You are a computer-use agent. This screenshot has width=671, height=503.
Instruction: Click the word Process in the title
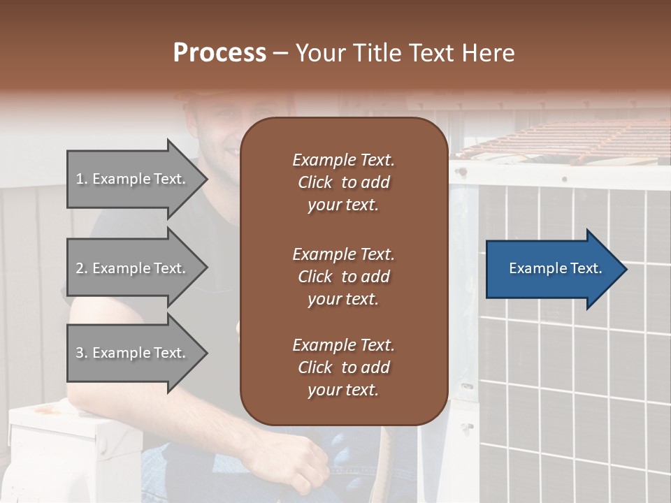[x=219, y=53]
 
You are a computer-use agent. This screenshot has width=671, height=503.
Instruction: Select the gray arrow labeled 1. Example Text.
[x=133, y=179]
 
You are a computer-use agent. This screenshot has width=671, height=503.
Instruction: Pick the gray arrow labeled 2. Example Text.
[x=133, y=268]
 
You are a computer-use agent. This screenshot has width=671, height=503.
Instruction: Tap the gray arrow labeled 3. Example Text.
[x=133, y=353]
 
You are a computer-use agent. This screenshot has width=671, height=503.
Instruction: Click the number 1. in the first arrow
[x=82, y=179]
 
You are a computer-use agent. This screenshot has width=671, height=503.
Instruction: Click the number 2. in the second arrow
[x=82, y=268]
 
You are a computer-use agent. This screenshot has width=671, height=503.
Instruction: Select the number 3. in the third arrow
[x=82, y=353]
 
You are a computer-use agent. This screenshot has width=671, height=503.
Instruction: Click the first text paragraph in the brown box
[x=343, y=182]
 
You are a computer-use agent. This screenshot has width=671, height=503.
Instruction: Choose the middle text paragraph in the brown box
[x=343, y=277]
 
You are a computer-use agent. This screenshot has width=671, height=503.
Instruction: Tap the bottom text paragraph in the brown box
[x=343, y=367]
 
